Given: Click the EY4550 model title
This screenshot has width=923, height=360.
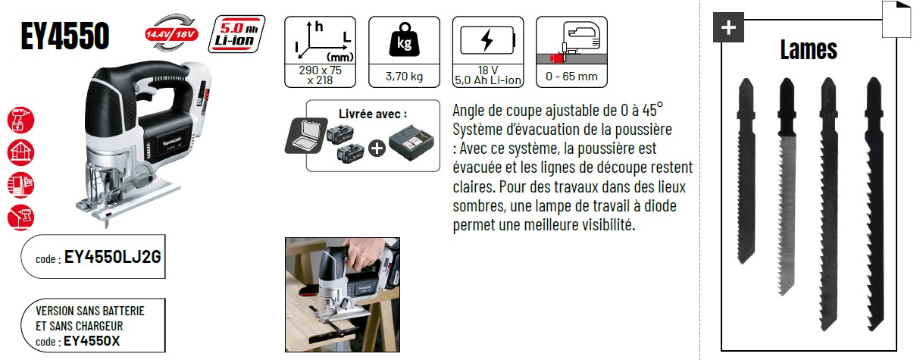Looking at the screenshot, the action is pos(65,36).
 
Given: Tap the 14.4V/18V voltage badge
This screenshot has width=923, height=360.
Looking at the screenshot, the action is pos(171,33).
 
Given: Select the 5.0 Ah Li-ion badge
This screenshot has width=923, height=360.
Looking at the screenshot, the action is pos(236,34).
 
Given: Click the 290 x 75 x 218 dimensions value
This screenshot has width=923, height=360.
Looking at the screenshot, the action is pos(320,75).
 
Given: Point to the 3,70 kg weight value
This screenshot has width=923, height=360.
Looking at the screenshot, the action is pos(404,77).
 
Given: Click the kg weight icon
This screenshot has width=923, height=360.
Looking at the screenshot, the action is pos(404,40).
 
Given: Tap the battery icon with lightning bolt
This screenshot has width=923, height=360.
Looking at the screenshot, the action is pos(488,40).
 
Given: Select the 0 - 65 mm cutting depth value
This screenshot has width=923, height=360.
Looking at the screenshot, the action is pos(571,77).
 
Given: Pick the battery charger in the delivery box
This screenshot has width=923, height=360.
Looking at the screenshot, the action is pos(411,142).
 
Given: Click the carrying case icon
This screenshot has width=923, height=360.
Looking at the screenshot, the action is pos(305,136).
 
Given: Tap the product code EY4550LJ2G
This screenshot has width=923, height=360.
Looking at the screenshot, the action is pos(112,257).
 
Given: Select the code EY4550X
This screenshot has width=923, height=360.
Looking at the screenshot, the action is pos(92,341).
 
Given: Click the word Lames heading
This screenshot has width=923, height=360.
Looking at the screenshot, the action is pos(809,50).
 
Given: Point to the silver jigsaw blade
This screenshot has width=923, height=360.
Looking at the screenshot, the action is pos(787,186).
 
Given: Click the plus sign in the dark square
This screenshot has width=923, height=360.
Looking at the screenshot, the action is pos(728,27).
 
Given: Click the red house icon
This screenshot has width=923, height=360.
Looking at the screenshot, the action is pos(20,152).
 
